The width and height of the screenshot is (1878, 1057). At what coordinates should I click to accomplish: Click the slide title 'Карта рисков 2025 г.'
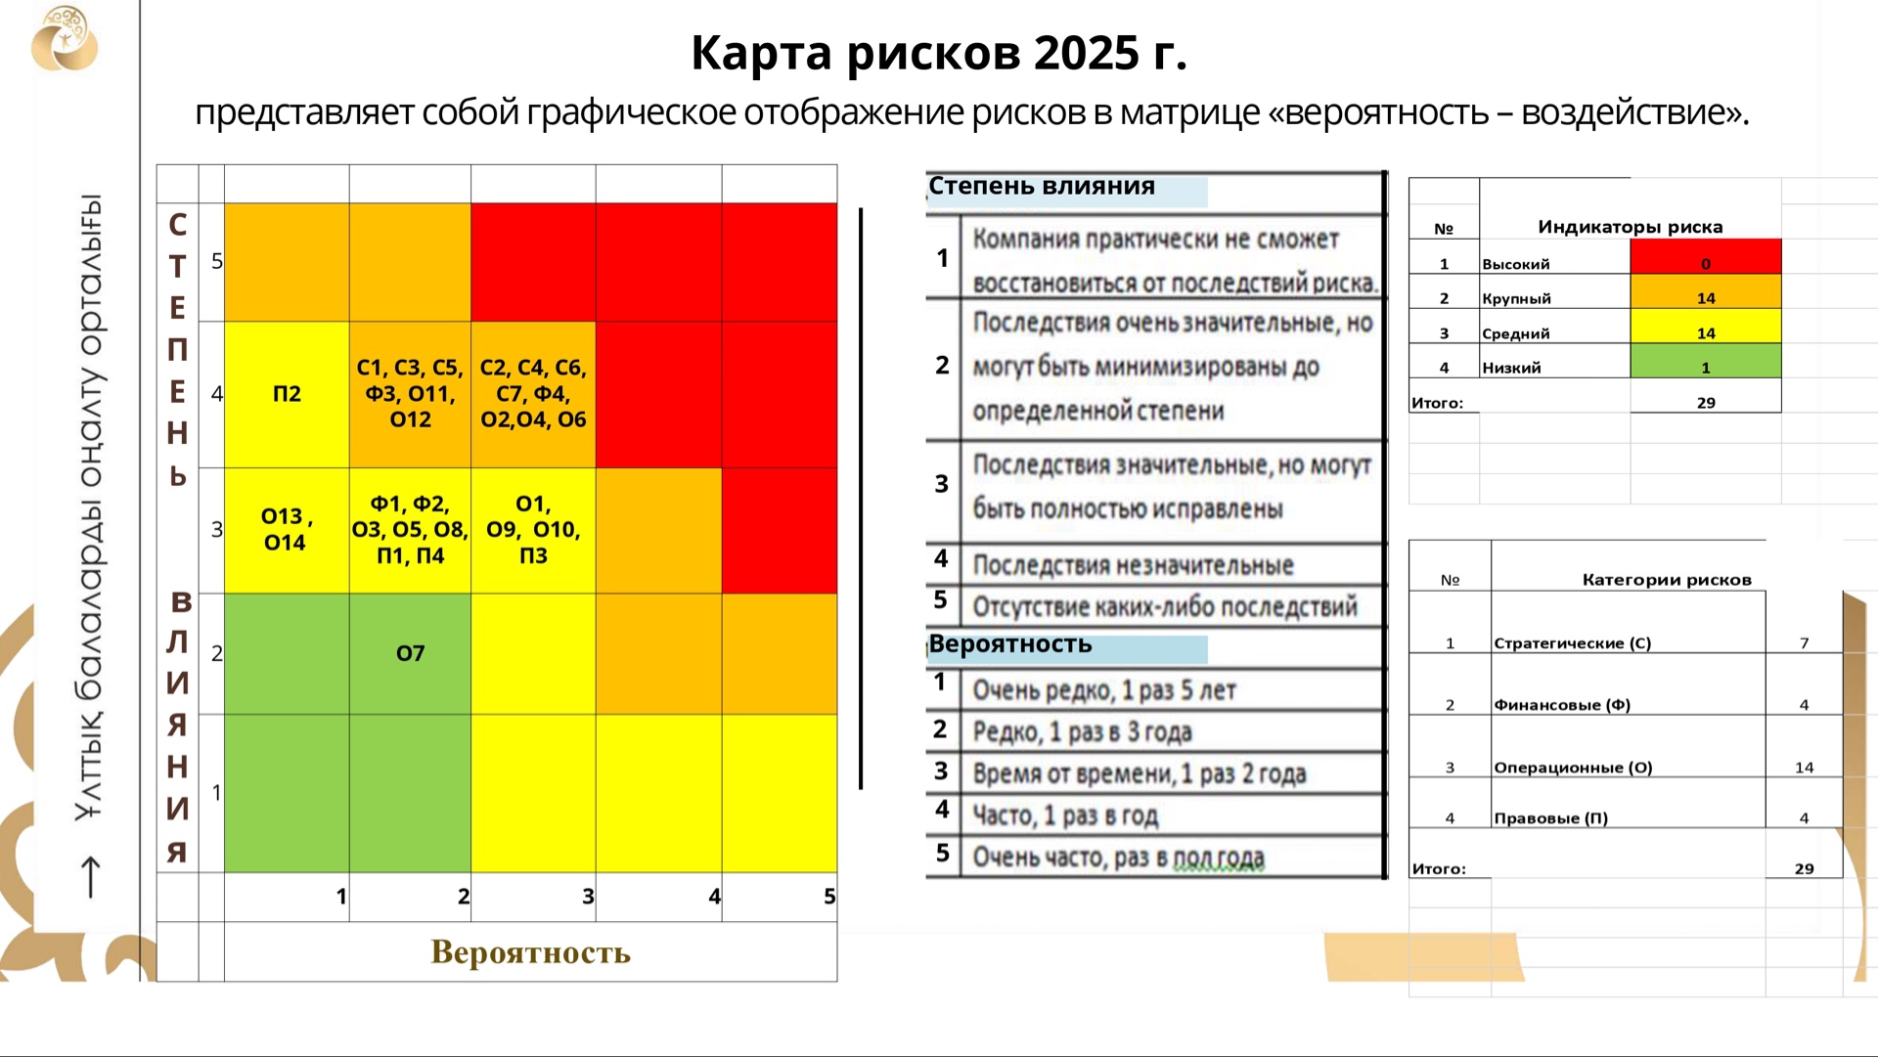pos(939,53)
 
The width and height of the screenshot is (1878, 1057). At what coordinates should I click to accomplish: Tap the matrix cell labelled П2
pos(287,394)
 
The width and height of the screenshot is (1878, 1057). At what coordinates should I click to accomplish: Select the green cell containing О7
pos(410,653)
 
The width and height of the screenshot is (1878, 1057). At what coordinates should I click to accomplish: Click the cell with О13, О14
pos(287,530)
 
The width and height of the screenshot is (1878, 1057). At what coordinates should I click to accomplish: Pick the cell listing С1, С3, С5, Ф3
pos(410,394)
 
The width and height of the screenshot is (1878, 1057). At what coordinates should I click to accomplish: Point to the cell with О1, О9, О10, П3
pos(533,530)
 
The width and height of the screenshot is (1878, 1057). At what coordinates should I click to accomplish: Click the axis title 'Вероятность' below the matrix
pos(531,951)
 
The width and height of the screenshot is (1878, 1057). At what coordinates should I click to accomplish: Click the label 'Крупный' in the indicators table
pos(1516,298)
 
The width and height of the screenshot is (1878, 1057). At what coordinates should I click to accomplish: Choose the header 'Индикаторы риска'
pos(1631,227)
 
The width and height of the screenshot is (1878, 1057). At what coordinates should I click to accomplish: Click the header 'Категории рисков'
pos(1667,580)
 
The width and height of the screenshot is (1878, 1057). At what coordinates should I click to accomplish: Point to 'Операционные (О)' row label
pos(1573,768)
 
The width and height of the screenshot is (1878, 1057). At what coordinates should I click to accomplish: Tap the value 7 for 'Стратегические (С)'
pos(1805,643)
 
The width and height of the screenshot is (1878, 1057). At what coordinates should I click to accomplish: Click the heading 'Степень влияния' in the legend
pos(1042,186)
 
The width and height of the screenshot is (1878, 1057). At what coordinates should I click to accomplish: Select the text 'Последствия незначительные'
pos(1133,565)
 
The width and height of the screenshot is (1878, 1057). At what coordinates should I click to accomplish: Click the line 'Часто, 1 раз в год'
pos(1065,815)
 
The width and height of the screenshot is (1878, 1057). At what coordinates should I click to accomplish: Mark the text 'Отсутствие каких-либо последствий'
pos(1165,606)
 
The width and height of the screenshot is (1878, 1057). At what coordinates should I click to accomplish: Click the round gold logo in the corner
pos(65,38)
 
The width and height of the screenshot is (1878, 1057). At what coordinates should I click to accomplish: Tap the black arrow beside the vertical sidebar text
pos(90,876)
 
